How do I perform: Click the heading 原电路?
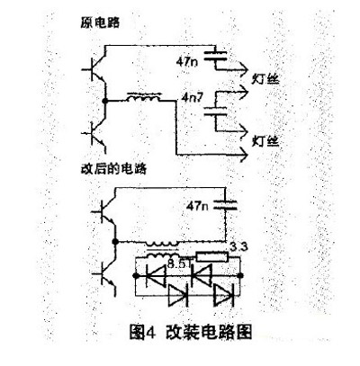pos(100,22)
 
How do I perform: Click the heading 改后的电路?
pos(113,169)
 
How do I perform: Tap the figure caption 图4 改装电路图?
pos(190,332)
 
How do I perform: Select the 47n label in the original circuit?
pos(187,62)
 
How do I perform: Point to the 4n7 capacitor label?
pos(193,98)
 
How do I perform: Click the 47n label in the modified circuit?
pos(197,206)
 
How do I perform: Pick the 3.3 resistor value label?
pos(238,247)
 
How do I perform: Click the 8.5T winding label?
pos(178,264)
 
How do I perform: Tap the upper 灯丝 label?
pos(265,79)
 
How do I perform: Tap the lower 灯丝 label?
pos(265,141)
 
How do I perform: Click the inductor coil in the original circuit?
pos(144,97)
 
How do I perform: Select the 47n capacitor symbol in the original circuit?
pos(215,56)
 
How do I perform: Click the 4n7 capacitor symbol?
pos(215,111)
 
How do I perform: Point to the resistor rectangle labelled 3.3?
pos(212,257)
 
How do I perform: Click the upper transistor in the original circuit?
pos(94,69)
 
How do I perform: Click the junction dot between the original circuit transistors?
pos(104,101)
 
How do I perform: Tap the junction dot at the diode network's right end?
pos(240,275)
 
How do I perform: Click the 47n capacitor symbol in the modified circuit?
pos(225,205)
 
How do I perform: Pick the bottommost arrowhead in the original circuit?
pos(243,155)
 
